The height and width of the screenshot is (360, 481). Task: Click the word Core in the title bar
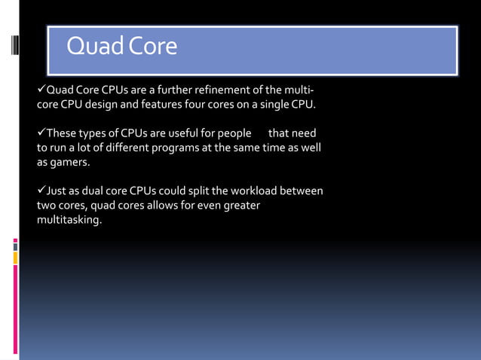click(x=152, y=47)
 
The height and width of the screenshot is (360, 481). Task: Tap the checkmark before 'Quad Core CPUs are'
click(x=41, y=91)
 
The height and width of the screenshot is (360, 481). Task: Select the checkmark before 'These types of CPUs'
click(x=41, y=133)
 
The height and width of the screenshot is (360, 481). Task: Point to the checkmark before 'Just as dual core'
click(x=41, y=191)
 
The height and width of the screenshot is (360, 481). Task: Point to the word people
click(x=234, y=133)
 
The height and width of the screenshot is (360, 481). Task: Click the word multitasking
click(x=69, y=220)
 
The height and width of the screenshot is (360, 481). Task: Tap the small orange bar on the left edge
click(x=15, y=258)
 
